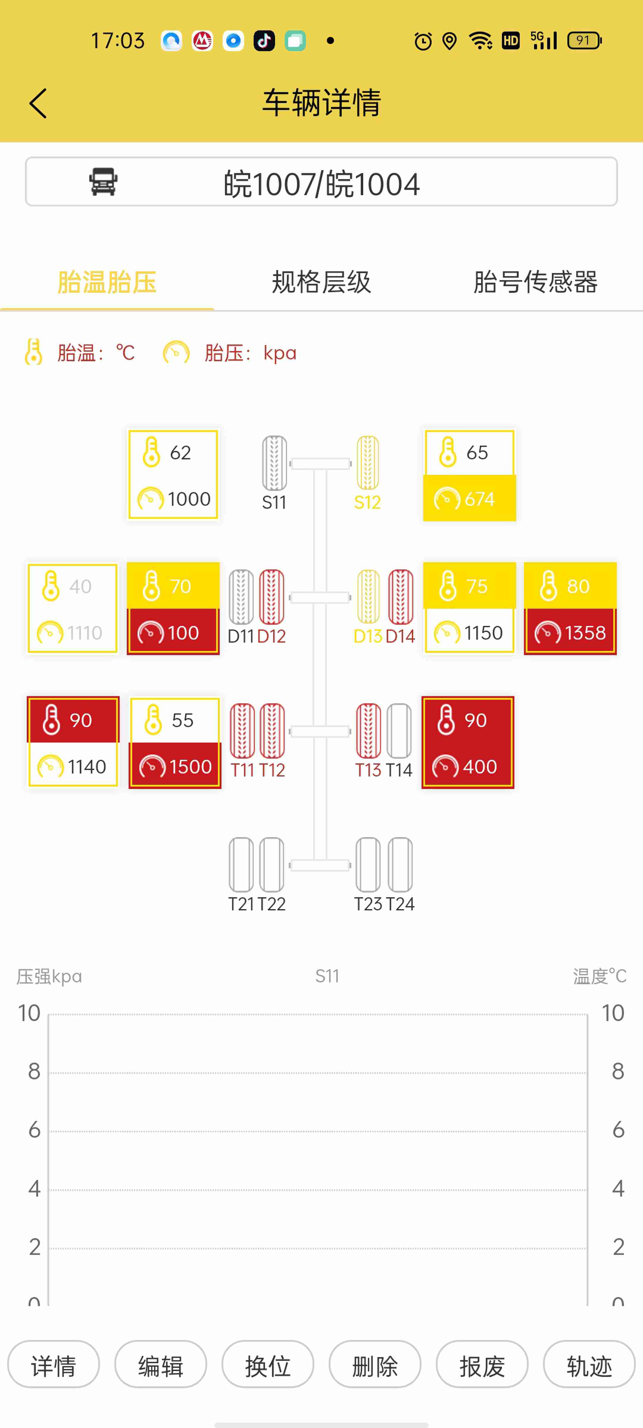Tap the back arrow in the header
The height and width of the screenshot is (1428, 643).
pyautogui.click(x=38, y=103)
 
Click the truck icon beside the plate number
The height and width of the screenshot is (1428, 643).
pyautogui.click(x=103, y=182)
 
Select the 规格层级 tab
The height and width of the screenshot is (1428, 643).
pyautogui.click(x=321, y=282)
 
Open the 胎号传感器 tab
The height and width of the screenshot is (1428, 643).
pyautogui.click(x=535, y=282)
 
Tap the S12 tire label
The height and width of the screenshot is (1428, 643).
pyautogui.click(x=367, y=502)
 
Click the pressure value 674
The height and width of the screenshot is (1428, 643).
pyautogui.click(x=479, y=499)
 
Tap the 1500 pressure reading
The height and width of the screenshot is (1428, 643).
pyautogui.click(x=190, y=767)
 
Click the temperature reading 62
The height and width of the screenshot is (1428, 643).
pyautogui.click(x=180, y=452)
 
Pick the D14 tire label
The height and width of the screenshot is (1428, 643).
pyautogui.click(x=400, y=636)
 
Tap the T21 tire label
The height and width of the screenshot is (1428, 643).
pyautogui.click(x=241, y=904)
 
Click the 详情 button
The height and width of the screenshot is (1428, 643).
pyautogui.click(x=53, y=1366)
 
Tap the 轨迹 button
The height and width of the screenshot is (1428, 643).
pyautogui.click(x=589, y=1366)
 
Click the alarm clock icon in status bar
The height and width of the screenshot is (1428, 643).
pyautogui.click(x=423, y=41)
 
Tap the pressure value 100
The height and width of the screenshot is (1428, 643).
pyautogui.click(x=183, y=632)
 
